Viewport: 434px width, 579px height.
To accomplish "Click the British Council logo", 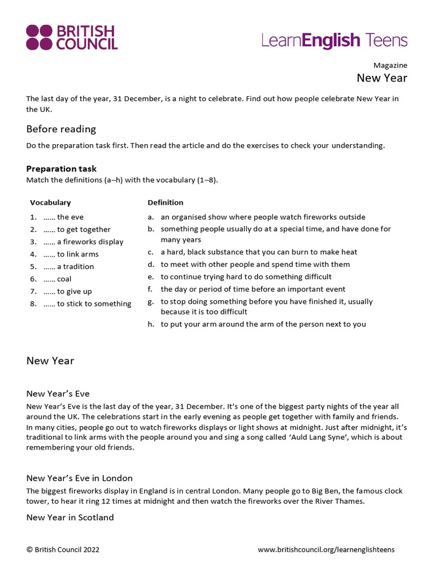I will click(72, 37).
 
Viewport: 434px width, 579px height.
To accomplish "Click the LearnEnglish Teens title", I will click(334, 40).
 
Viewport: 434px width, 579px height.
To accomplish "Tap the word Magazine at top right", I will click(390, 66).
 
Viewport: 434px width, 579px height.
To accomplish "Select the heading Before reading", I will click(61, 129).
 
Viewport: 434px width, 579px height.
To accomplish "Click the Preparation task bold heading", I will click(61, 168).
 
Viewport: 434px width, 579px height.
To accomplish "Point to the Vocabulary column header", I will click(50, 202).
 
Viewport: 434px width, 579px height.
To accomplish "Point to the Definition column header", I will click(166, 202).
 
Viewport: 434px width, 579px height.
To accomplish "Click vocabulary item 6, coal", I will click(57, 279).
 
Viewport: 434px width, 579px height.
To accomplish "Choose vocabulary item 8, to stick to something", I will click(87, 304).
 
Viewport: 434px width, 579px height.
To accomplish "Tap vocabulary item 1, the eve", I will click(63, 217).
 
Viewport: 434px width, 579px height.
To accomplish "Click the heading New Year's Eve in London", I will click(79, 478).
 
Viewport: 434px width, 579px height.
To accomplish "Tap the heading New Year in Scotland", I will click(70, 517).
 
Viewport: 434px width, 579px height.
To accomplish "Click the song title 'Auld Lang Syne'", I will click(315, 437).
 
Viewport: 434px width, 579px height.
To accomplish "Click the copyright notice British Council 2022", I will click(63, 550).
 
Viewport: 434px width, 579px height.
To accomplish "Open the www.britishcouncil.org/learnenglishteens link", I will click(326, 550).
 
